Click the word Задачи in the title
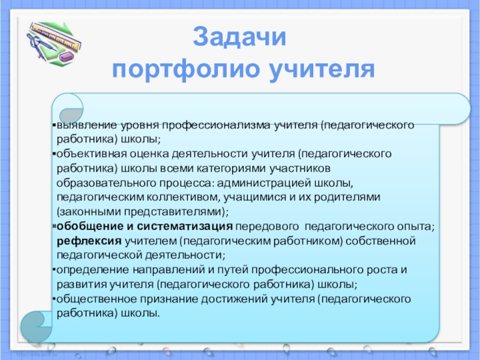[x=239, y=37]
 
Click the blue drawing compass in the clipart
[x=40, y=46]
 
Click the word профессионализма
[x=216, y=125]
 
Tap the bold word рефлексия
[x=89, y=241]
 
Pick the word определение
[x=93, y=270]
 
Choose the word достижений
[x=235, y=299]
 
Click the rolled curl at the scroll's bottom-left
[x=36, y=326]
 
